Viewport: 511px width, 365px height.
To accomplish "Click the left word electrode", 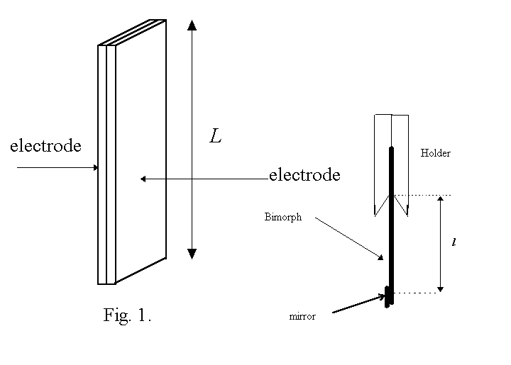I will pos(45,147).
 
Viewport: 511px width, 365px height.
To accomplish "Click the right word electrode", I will pos(304,175).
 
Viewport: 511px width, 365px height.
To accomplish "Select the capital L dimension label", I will pos(216,137).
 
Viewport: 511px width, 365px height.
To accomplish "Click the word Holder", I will pos(435,153).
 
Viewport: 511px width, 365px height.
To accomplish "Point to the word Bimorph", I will pos(283,218).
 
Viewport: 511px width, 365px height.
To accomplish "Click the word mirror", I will pos(302,317).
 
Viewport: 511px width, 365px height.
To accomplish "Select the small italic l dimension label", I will pos(454,242).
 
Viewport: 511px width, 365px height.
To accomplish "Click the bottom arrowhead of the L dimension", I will pos(192,253).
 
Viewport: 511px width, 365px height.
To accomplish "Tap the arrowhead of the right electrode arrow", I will pos(143,179).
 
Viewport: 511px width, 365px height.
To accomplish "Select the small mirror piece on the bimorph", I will pos(387,296).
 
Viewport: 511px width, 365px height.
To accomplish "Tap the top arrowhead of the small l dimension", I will pos(441,201).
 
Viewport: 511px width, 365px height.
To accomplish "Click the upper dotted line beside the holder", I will pos(426,195).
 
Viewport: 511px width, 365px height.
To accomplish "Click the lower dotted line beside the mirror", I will pos(419,292).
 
